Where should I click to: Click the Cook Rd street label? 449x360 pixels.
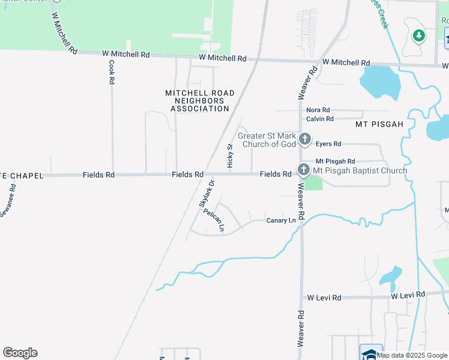click(112, 71)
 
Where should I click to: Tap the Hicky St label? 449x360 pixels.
click(230, 155)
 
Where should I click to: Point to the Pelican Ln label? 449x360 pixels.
click(214, 220)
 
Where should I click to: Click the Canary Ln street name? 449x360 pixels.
click(281, 221)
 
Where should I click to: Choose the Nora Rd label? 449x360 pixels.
click(318, 110)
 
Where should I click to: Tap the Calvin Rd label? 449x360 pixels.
click(319, 119)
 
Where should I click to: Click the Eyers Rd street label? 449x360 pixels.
click(328, 144)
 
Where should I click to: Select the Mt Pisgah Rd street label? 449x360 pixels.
click(335, 161)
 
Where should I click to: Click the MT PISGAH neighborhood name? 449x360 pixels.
click(378, 124)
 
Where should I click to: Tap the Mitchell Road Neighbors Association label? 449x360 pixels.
click(200, 101)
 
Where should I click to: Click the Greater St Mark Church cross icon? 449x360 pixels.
click(305, 140)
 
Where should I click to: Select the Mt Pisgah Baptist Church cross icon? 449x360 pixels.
click(303, 170)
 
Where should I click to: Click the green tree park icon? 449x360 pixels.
click(418, 35)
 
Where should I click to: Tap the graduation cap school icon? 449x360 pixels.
click(370, 353)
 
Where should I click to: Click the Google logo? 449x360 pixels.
click(20, 353)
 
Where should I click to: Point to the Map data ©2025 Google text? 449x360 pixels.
click(412, 355)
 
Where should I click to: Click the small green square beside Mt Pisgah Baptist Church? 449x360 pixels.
click(313, 183)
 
